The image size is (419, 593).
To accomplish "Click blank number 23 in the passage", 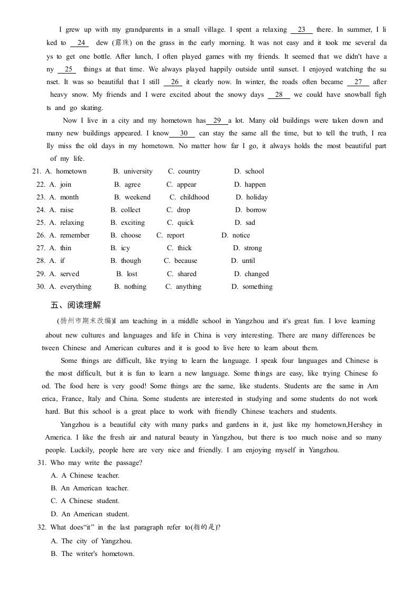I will [302, 30].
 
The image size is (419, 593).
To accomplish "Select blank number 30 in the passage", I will [183, 134].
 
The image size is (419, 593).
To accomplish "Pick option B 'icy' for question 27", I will [120, 248].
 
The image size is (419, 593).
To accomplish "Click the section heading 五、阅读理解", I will [76, 305].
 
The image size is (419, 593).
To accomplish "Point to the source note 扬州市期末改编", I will [85, 321].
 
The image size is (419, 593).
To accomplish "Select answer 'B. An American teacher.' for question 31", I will [89, 488].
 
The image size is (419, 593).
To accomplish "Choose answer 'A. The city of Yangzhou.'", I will [91, 541].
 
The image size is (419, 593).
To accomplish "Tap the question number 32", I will [42, 527].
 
